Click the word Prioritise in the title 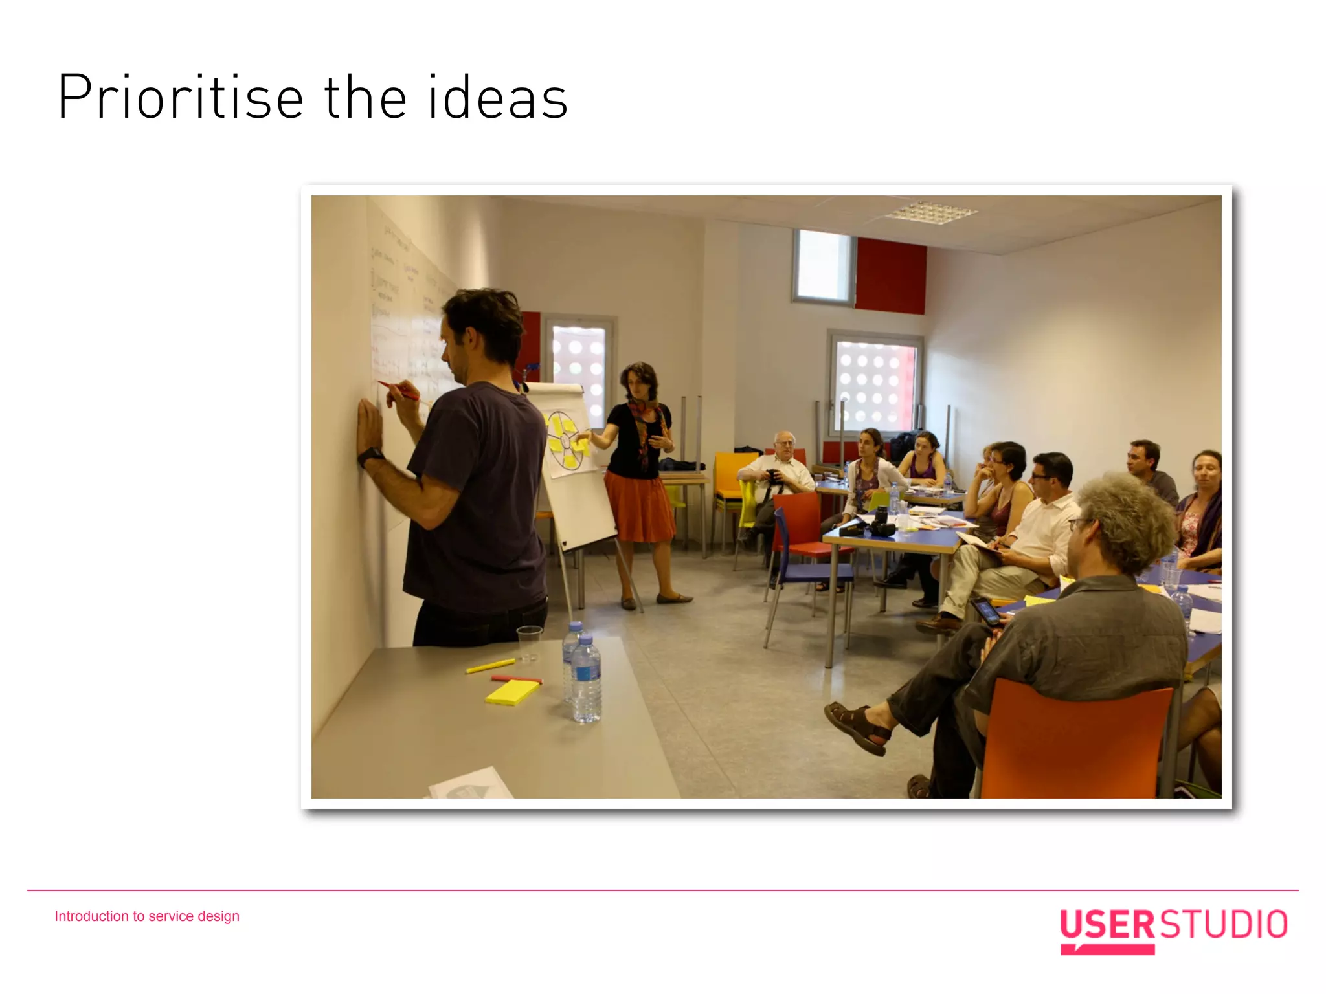coord(181,98)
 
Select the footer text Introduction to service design coord(147,916)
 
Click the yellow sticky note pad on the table coord(512,692)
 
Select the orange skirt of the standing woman coord(639,506)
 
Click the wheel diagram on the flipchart coord(565,440)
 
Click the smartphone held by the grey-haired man coord(986,610)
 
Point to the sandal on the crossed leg coord(857,727)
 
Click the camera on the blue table coord(881,523)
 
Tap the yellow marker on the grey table coord(490,666)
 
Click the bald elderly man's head coord(784,444)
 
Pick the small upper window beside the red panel coord(824,266)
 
